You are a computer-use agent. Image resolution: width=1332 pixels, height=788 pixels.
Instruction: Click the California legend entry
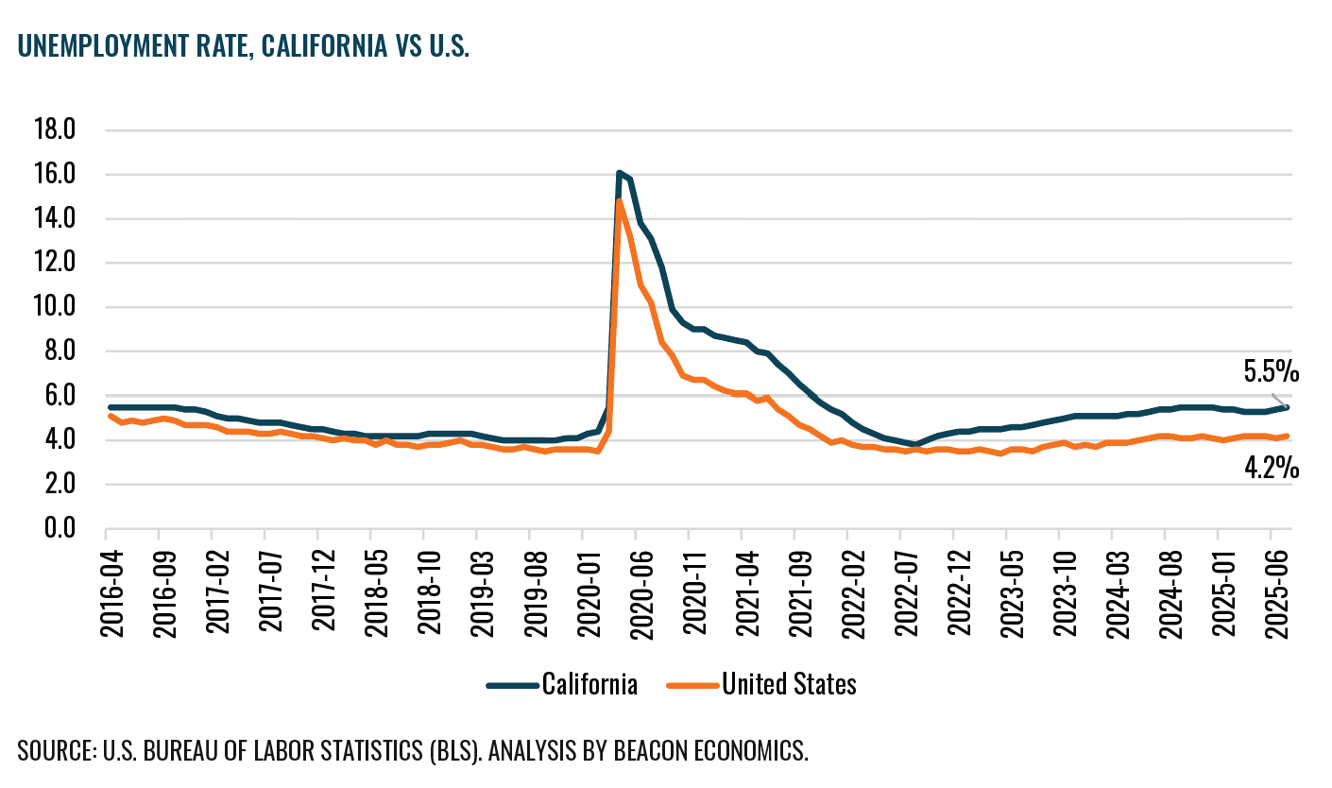tap(589, 684)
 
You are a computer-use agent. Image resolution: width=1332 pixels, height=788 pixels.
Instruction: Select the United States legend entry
tap(789, 684)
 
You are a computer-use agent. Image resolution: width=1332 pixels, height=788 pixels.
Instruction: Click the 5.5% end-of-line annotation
tap(1271, 372)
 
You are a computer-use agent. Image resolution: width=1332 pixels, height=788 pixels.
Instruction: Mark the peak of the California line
tap(619, 173)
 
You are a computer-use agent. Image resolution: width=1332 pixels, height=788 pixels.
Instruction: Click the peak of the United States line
tap(619, 200)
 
